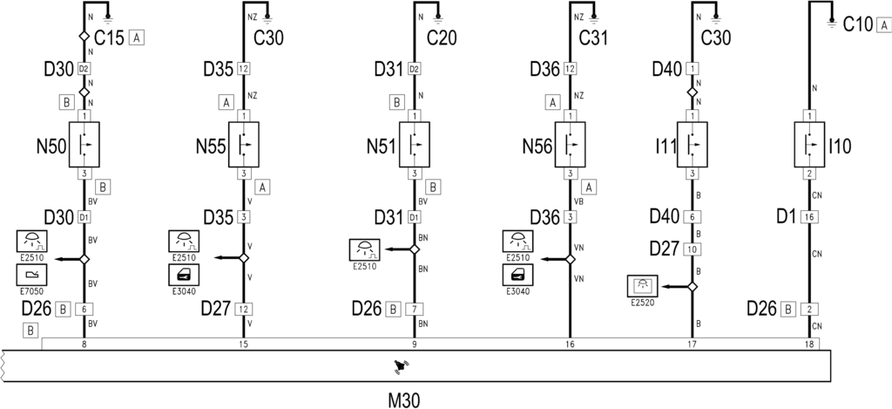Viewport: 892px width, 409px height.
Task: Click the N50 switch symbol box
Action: pyautogui.click(x=84, y=144)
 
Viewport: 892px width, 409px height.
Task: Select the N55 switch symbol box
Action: pyautogui.click(x=244, y=144)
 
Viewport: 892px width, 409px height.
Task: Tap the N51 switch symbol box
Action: pyautogui.click(x=414, y=144)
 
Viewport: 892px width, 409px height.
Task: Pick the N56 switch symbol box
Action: pyautogui.click(x=570, y=144)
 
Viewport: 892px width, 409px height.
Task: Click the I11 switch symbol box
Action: pyautogui.click(x=693, y=144)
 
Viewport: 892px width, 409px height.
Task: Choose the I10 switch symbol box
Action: pyautogui.click(x=809, y=144)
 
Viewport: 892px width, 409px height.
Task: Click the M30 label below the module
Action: pyautogui.click(x=404, y=400)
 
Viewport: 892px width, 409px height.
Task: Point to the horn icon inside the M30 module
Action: pyautogui.click(x=402, y=367)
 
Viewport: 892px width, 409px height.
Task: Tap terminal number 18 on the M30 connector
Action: pyautogui.click(x=809, y=344)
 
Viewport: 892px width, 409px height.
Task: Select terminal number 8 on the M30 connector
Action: pyautogui.click(x=84, y=344)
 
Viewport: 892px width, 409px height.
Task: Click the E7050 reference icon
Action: pyautogui.click(x=32, y=275)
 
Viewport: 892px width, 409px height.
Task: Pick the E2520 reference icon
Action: pyautogui.click(x=642, y=286)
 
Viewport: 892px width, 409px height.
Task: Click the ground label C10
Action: pyautogui.click(x=858, y=24)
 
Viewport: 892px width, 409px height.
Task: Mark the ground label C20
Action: pyautogui.click(x=442, y=37)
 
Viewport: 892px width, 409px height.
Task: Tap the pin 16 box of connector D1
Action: pyautogui.click(x=809, y=217)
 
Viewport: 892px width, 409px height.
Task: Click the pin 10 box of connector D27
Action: pyautogui.click(x=693, y=249)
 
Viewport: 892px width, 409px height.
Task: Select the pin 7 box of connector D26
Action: pyautogui.click(x=414, y=310)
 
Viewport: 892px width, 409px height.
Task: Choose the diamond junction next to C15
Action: pyautogui.click(x=84, y=36)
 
